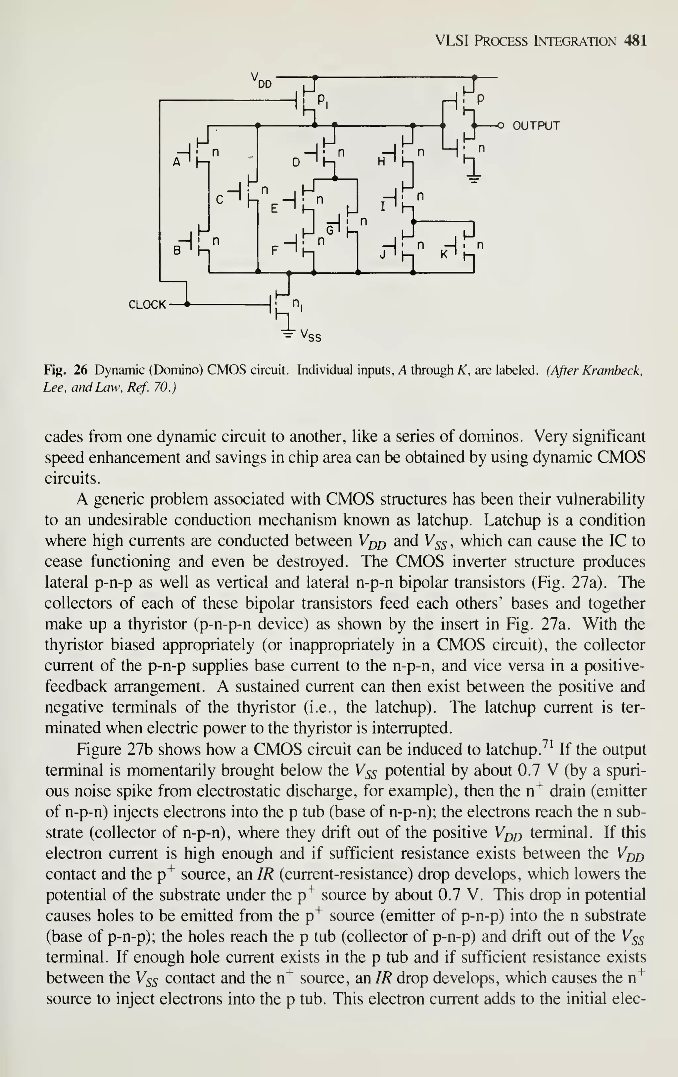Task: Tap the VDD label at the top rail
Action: click(261, 80)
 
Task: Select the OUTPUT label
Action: click(536, 126)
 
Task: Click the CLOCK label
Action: click(147, 305)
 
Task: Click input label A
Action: click(177, 163)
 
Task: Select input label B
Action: click(177, 251)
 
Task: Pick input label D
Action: click(296, 163)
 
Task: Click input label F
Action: click(274, 251)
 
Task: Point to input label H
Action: click(381, 163)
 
